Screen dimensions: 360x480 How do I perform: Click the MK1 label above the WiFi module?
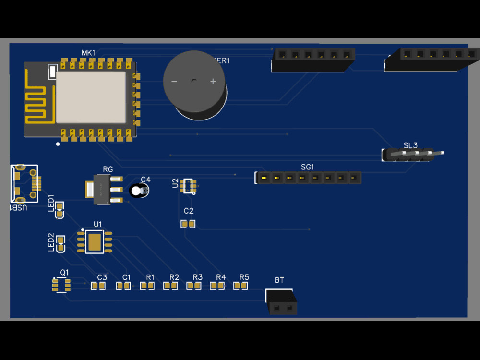(x=88, y=52)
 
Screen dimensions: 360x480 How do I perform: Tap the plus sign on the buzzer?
(x=213, y=82)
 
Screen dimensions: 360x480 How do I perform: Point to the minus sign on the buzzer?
(x=174, y=82)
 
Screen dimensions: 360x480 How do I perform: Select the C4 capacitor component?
(x=140, y=191)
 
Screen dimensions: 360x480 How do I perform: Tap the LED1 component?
(x=60, y=210)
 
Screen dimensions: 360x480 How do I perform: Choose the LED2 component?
(x=61, y=243)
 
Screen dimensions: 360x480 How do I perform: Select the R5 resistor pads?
(x=240, y=286)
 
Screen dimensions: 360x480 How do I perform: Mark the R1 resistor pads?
(x=147, y=286)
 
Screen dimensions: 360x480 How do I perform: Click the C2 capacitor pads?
(x=188, y=224)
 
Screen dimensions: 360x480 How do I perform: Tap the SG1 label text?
(x=307, y=167)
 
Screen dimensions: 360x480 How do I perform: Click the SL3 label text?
(x=410, y=145)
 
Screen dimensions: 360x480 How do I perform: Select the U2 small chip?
(x=188, y=185)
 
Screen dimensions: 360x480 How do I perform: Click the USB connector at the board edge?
(x=24, y=184)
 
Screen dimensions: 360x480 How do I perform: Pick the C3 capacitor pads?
(x=98, y=286)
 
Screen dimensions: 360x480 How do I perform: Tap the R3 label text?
(x=198, y=277)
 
